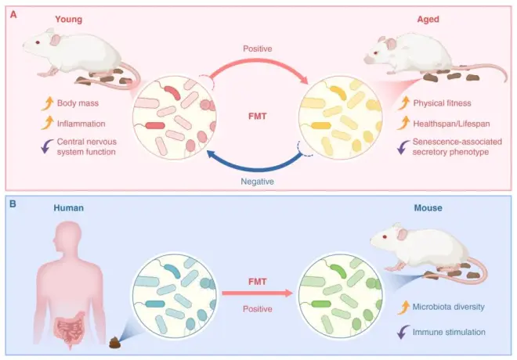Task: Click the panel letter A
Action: tap(13, 12)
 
